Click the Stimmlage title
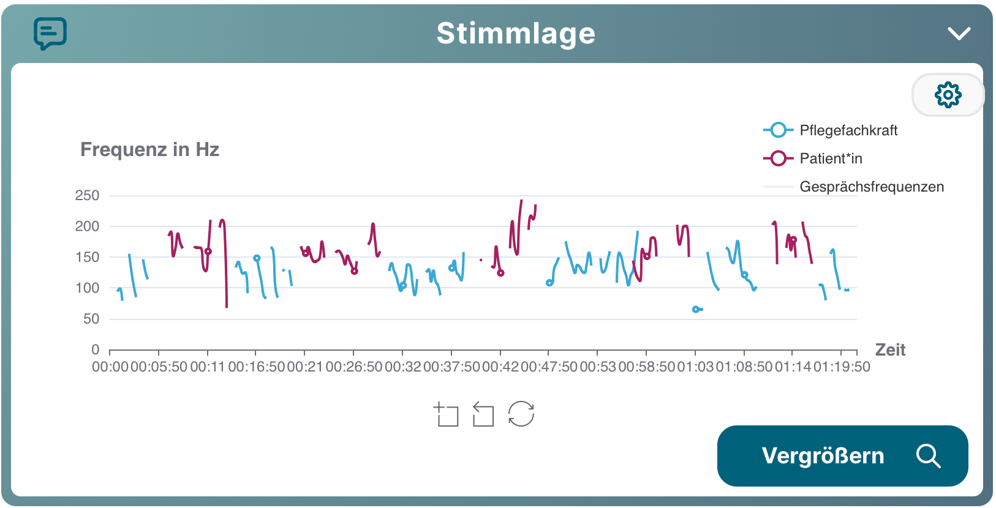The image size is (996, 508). (516, 34)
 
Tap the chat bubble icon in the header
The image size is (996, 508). (50, 33)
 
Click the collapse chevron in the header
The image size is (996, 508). (959, 33)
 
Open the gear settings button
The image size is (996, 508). (948, 95)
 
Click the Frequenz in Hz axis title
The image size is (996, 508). (149, 149)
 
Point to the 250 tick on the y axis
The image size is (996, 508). (87, 196)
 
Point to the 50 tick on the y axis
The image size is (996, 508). (91, 319)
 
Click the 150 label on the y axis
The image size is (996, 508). (87, 257)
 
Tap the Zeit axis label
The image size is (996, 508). (890, 350)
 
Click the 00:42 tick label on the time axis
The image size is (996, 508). (500, 367)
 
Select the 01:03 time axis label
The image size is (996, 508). (695, 367)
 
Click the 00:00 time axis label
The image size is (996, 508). (110, 367)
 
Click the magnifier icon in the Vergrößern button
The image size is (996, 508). (928, 456)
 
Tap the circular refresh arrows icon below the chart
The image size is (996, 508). (521, 414)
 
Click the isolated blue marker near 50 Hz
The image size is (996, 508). (696, 310)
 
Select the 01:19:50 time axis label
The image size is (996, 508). (842, 367)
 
